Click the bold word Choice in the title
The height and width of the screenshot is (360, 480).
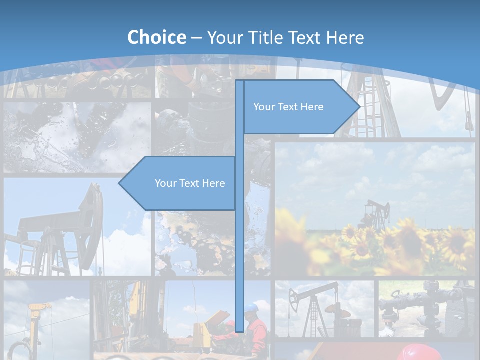(x=156, y=37)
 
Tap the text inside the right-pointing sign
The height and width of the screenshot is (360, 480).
(x=288, y=107)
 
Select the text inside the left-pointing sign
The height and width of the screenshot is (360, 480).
(x=190, y=183)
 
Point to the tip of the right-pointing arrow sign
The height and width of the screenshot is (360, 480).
(x=359, y=106)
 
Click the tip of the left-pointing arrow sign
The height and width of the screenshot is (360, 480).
(x=119, y=183)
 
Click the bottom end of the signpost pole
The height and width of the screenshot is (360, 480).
(x=240, y=330)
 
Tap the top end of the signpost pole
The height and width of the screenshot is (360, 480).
(x=240, y=82)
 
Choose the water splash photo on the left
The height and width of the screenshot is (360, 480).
(x=77, y=137)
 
